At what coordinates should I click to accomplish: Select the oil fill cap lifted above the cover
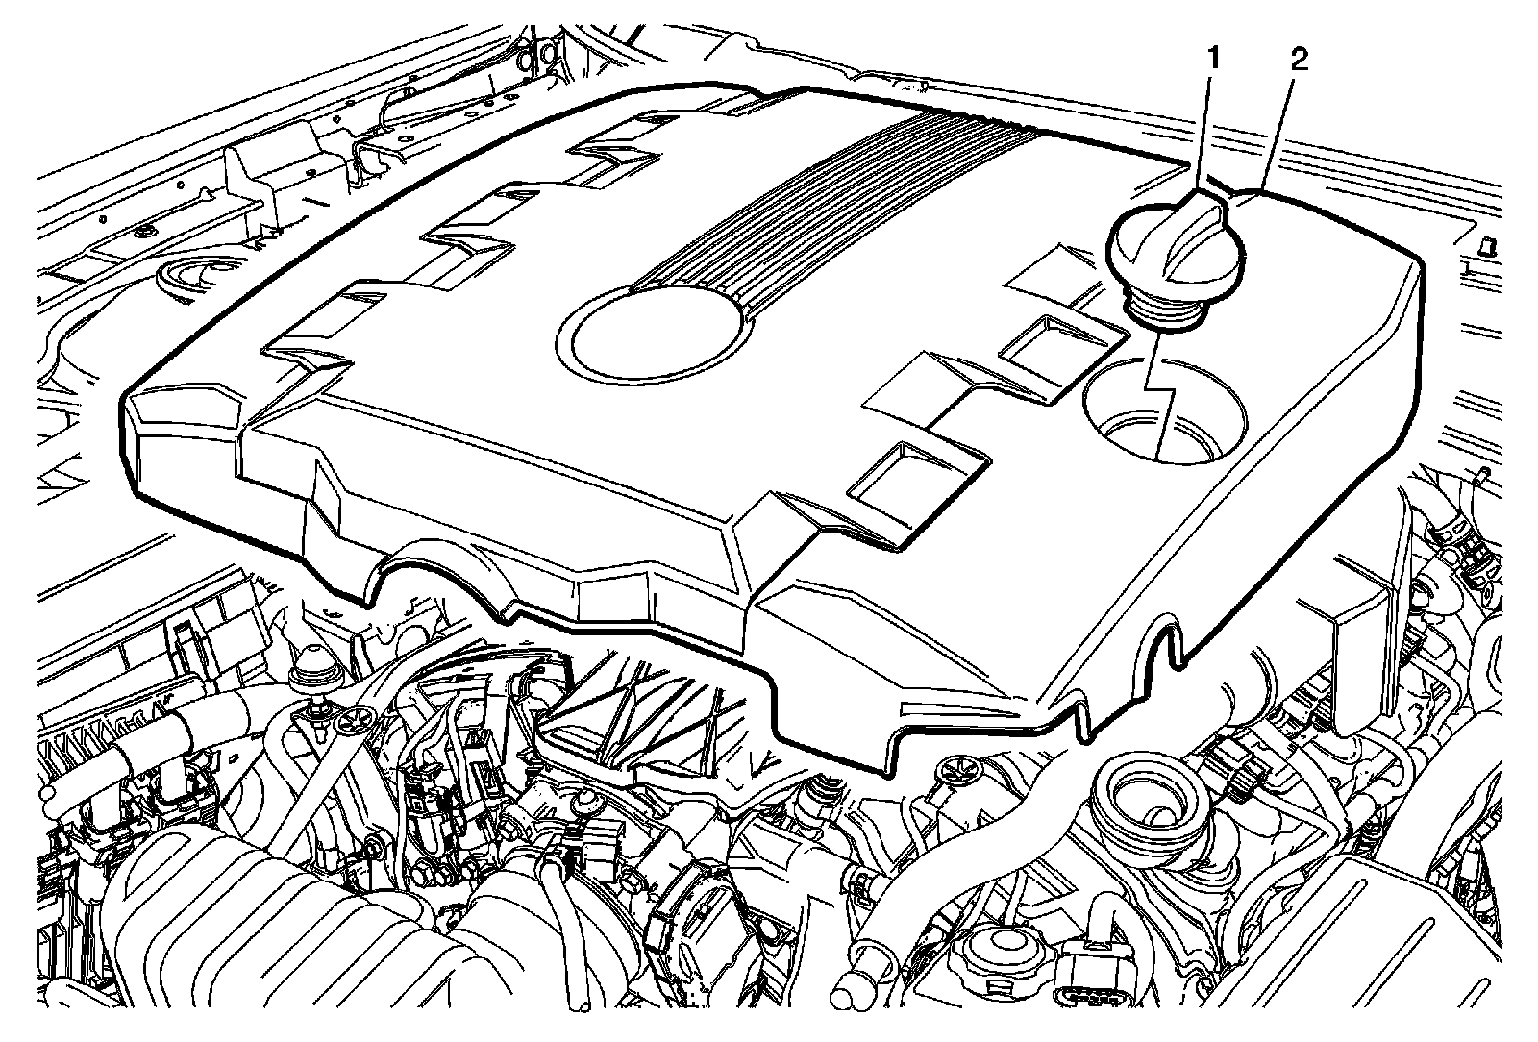tap(1178, 252)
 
